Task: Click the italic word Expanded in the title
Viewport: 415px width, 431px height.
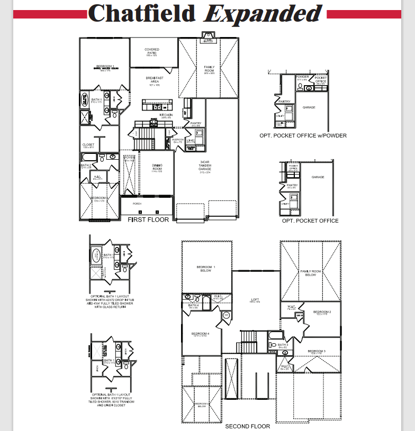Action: tap(263, 14)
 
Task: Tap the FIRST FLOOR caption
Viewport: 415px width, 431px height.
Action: tap(148, 219)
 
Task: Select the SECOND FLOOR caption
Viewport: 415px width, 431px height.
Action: tap(248, 426)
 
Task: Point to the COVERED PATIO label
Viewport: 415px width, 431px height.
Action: tap(152, 51)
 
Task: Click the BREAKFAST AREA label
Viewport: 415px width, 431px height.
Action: tap(155, 80)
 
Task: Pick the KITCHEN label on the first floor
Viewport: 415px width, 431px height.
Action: tap(166, 115)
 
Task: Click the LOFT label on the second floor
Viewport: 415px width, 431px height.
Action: tap(255, 299)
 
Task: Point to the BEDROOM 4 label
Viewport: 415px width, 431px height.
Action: tap(200, 334)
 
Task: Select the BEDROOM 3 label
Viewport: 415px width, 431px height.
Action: tap(317, 351)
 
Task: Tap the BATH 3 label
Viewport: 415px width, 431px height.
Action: tap(283, 345)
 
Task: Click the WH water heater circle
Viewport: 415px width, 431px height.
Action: tap(226, 315)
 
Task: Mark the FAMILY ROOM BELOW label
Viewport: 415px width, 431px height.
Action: tap(311, 273)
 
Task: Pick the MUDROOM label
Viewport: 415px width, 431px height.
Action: tap(178, 140)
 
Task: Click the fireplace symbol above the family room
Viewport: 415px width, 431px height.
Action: tap(208, 38)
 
